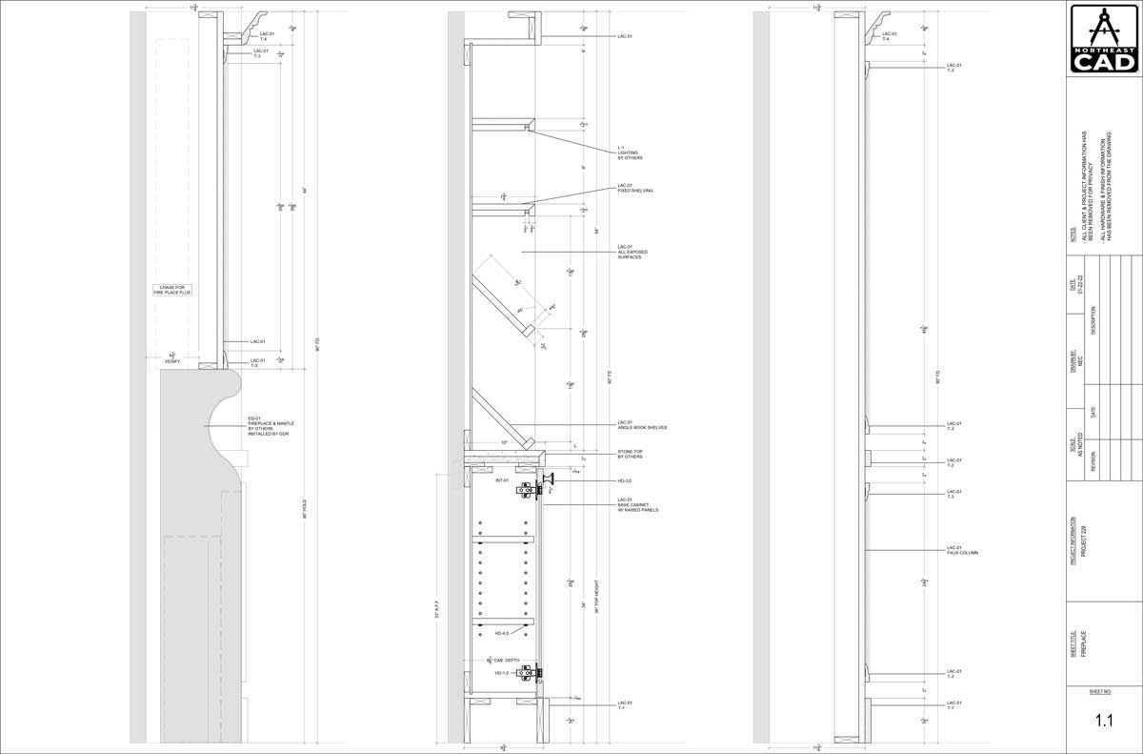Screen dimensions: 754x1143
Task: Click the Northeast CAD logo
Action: [x=1104, y=39]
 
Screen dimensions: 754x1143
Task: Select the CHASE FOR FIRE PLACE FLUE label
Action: [x=172, y=290]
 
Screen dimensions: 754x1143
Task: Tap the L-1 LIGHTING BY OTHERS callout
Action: [x=630, y=153]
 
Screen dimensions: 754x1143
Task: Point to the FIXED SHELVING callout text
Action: [x=635, y=189]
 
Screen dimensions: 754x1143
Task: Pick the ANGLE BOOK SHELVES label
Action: [x=642, y=426]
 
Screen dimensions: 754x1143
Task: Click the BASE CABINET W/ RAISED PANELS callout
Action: [x=637, y=505]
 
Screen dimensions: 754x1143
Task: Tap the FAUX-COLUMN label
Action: [x=962, y=552]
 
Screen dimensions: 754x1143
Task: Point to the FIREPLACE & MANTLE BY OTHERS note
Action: [x=271, y=428]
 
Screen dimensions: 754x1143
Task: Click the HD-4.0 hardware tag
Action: [x=501, y=633]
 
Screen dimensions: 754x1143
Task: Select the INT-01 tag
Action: [x=502, y=480]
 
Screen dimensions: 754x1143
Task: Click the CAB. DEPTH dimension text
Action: [x=504, y=660]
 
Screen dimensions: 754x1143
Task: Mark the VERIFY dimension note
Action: [x=172, y=359]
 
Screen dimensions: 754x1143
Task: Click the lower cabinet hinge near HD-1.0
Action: [x=526, y=673]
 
